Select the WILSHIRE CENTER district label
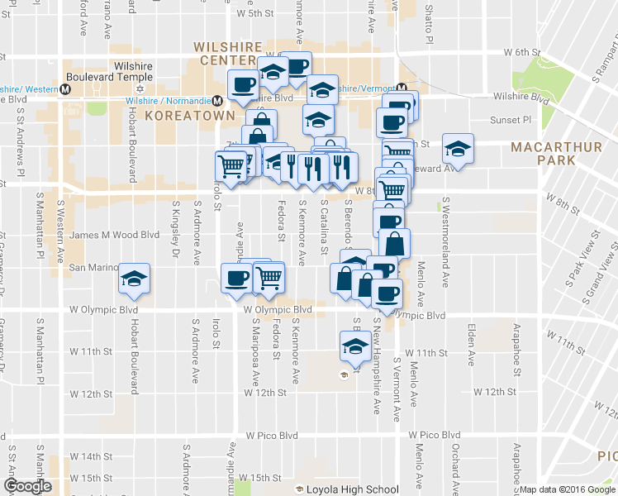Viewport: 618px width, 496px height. click(228, 54)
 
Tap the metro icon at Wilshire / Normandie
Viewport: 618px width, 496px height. click(217, 100)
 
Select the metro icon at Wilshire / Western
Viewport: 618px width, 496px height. click(64, 88)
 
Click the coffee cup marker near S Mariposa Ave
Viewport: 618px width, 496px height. click(237, 278)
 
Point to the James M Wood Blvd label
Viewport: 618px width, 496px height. click(114, 235)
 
